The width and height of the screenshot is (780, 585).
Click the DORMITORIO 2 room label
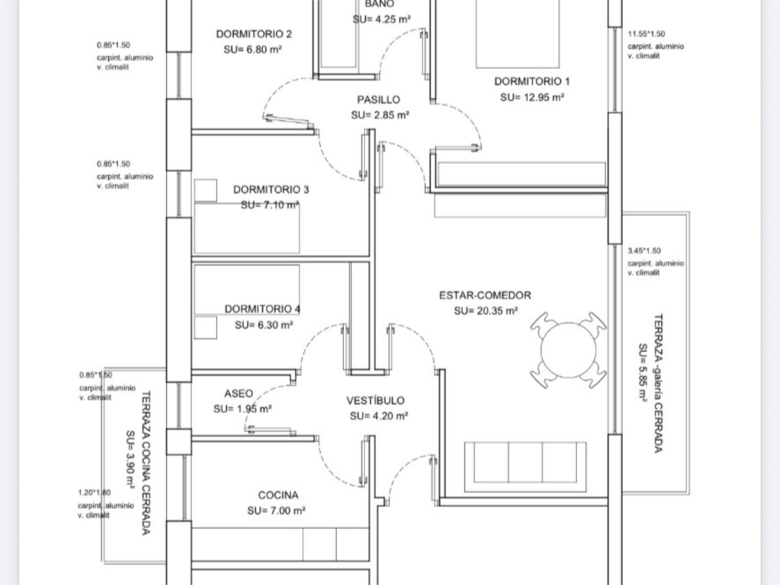(x=254, y=34)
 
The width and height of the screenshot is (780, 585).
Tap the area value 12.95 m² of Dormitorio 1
(x=532, y=98)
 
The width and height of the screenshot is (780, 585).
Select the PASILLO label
(x=379, y=100)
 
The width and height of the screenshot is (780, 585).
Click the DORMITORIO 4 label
(x=262, y=309)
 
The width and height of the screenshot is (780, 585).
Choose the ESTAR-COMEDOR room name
(x=485, y=295)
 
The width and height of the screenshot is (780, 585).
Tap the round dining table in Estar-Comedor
(x=568, y=350)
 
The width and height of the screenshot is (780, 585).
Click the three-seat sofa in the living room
(x=525, y=467)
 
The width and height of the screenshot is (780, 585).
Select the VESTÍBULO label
(x=375, y=401)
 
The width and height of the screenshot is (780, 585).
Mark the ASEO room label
(x=238, y=394)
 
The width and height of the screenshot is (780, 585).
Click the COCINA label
(x=278, y=495)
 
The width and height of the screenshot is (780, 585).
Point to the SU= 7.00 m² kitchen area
(x=276, y=511)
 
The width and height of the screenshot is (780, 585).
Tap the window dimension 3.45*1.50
(x=644, y=251)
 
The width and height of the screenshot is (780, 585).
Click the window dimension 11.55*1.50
(x=646, y=34)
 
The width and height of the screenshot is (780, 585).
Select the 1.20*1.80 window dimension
(x=94, y=493)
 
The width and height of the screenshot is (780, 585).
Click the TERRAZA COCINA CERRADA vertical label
(x=146, y=463)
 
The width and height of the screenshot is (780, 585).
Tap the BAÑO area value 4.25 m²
(x=381, y=19)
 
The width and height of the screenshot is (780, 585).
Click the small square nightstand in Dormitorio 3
(x=206, y=190)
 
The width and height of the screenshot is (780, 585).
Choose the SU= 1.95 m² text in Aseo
(x=243, y=409)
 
